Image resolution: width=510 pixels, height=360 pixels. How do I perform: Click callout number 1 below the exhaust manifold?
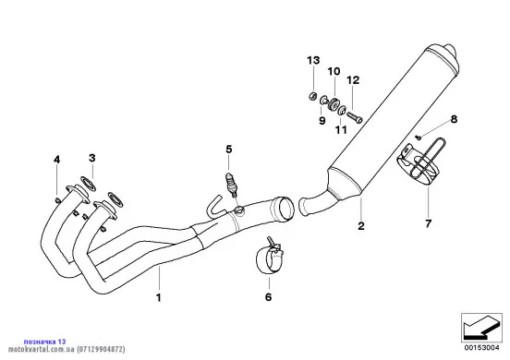tap(159, 297)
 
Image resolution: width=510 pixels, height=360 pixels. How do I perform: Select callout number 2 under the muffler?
tap(361, 226)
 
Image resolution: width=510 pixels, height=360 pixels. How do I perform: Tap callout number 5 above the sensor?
tap(229, 150)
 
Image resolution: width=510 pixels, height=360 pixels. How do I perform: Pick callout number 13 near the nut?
tap(313, 60)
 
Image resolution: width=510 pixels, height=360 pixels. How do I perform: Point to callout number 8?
tap(454, 119)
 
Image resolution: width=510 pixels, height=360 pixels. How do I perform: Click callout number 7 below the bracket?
tap(428, 223)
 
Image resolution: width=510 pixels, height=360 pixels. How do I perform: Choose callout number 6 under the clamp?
tap(268, 296)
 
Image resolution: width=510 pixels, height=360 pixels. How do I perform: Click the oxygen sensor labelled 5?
tap(231, 186)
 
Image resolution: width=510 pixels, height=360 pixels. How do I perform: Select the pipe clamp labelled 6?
tap(269, 256)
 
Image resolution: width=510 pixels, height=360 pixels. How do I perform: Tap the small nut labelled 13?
tap(312, 96)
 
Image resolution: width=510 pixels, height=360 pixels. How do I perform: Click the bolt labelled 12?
tap(355, 117)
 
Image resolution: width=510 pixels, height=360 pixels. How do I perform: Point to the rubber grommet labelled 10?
tap(333, 104)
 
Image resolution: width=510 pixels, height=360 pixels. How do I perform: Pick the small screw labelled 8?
tap(419, 138)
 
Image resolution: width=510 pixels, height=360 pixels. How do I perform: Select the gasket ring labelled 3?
tap(89, 183)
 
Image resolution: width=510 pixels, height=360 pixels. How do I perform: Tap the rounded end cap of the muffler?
tap(451, 55)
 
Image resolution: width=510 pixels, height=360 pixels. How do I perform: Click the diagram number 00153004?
tap(481, 348)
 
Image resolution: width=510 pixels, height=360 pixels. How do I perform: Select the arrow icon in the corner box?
tap(480, 328)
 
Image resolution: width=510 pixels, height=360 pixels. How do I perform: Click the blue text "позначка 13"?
tap(44, 342)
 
